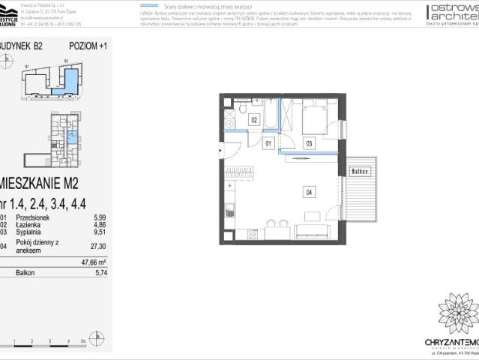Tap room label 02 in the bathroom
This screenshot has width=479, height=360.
(x=254, y=119)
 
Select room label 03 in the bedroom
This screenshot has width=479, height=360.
(x=308, y=142)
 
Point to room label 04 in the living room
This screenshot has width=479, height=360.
(x=309, y=191)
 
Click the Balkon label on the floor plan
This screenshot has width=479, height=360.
(x=360, y=172)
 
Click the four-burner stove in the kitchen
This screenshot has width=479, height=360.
(x=252, y=233)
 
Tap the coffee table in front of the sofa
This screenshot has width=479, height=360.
(x=313, y=216)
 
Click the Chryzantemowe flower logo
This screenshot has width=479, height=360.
(x=458, y=313)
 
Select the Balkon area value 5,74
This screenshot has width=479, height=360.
(x=92, y=274)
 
